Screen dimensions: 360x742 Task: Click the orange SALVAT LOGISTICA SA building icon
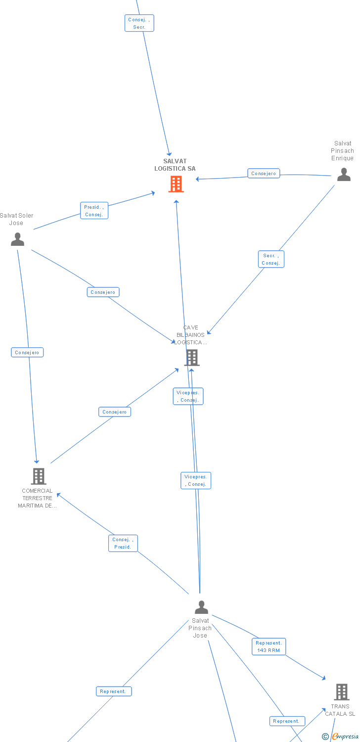tap(176, 184)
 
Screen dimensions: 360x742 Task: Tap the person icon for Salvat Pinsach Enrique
tap(344, 175)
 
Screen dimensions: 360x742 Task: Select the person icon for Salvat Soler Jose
tap(17, 239)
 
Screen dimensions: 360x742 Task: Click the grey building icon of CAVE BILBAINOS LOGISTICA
tap(192, 357)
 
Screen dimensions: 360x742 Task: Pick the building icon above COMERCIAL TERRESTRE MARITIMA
tap(38, 476)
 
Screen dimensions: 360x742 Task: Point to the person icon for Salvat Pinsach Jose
tap(201, 607)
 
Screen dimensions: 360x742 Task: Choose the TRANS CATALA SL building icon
tap(341, 692)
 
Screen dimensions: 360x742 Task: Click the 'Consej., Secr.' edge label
tap(139, 23)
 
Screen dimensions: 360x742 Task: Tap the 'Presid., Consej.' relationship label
tap(94, 211)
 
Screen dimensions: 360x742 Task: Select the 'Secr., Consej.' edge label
tap(271, 259)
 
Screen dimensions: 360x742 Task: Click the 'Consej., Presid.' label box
tap(123, 543)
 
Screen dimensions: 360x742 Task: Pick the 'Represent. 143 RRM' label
tap(269, 647)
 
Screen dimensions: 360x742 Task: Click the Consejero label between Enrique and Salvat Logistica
tap(264, 174)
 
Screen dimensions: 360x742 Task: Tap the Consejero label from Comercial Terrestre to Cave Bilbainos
tap(115, 412)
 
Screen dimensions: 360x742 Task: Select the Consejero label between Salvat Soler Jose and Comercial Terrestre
tap(27, 353)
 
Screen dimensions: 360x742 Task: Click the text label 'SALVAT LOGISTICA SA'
tap(175, 165)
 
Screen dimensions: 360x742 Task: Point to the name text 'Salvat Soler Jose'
tap(16, 219)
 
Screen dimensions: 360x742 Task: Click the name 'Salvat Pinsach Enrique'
tap(342, 151)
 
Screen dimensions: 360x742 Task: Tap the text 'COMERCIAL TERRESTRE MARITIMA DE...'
tap(37, 498)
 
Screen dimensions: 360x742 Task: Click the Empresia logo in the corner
tap(341, 737)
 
